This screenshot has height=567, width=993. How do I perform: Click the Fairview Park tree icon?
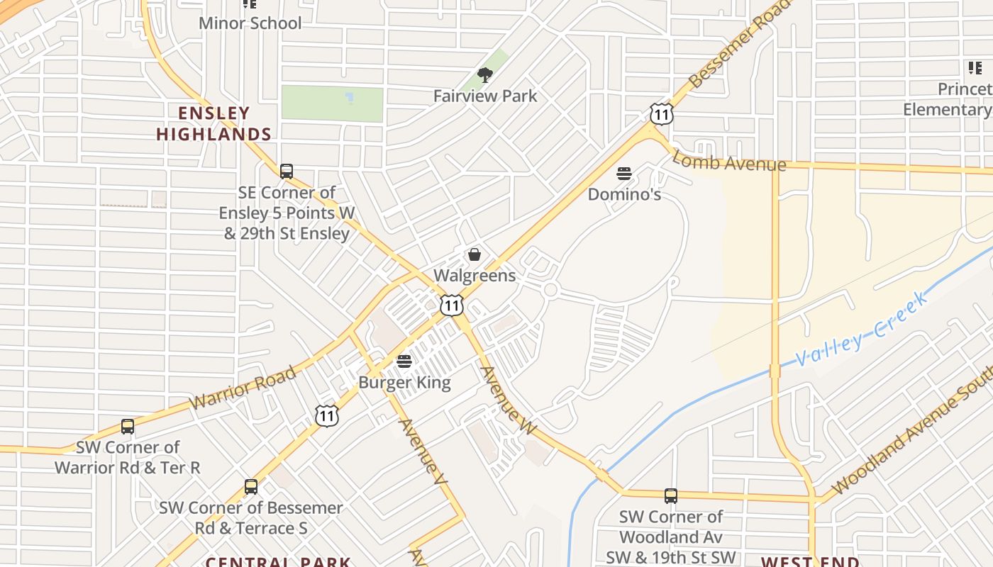click(485, 75)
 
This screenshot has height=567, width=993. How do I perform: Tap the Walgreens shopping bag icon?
click(475, 254)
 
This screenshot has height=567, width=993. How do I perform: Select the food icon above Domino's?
click(624, 174)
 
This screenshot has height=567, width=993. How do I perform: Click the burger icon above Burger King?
click(404, 361)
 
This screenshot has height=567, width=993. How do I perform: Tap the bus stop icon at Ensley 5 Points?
click(287, 172)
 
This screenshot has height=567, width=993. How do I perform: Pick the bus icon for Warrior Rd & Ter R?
click(128, 427)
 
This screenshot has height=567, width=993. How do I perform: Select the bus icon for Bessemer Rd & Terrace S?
click(251, 487)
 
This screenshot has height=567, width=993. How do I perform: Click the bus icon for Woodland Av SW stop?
click(671, 496)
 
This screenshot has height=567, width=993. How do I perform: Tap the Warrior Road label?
click(243, 388)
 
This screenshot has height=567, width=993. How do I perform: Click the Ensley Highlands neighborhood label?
click(214, 123)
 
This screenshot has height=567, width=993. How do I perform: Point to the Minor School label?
click(250, 23)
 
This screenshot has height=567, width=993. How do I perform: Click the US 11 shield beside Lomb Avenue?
click(661, 113)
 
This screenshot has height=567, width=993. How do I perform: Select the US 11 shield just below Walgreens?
click(451, 305)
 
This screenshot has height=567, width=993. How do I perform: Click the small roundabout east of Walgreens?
click(550, 290)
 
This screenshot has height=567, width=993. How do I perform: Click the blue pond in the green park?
click(349, 97)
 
